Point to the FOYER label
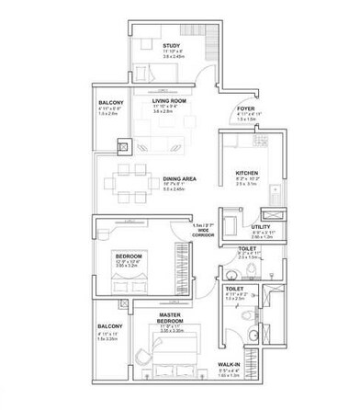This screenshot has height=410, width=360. point(245,106)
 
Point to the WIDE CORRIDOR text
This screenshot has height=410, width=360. point(204,233)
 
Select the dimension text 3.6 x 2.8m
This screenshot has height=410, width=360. point(169,112)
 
